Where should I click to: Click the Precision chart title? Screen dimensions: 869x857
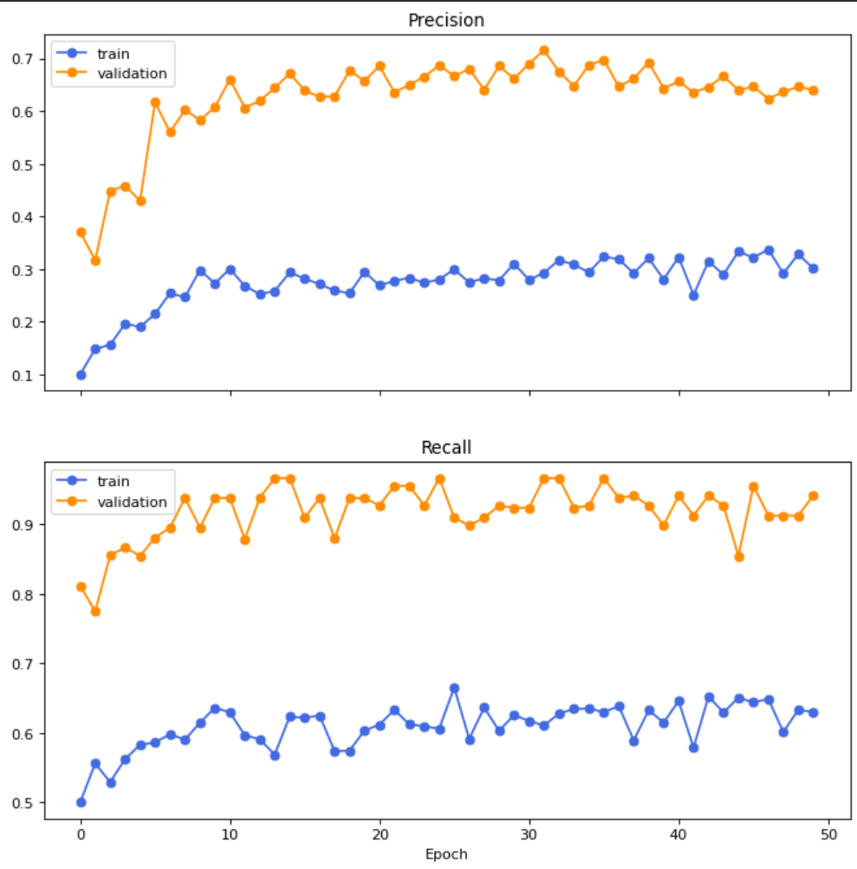pos(446,20)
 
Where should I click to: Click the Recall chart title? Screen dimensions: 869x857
pos(446,448)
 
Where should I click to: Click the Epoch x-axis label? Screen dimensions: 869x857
pos(446,854)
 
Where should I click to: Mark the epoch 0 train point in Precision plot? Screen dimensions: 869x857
pos(81,375)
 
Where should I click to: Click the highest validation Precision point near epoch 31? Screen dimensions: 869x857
pos(544,50)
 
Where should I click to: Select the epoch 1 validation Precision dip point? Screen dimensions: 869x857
pos(95,261)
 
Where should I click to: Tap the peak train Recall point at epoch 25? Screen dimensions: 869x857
pos(454,688)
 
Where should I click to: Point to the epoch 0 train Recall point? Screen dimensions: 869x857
pos(81,802)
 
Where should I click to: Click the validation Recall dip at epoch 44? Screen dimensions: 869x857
pos(739,556)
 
